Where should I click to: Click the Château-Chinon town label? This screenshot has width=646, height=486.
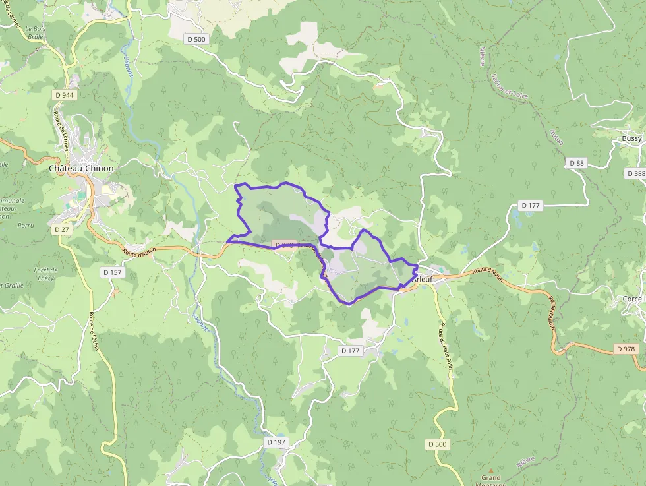pos(81,168)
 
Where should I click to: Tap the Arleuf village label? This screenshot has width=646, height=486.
pos(423,279)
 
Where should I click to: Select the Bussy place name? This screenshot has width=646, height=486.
pos(631,139)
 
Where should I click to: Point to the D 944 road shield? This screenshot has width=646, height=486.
pos(65,95)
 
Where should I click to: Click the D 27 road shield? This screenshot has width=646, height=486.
pos(61,229)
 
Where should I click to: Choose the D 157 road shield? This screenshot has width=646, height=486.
pos(113,272)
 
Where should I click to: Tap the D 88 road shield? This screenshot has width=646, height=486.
pos(576,163)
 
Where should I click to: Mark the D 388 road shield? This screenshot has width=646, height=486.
pos(635,173)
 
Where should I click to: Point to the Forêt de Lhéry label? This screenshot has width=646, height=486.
pos(45,274)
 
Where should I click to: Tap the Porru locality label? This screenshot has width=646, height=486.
pos(26,225)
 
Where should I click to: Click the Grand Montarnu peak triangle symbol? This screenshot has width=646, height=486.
pos(490,469)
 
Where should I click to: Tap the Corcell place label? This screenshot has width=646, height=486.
pos(633,299)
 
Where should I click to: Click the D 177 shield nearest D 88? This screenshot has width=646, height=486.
pos(531,206)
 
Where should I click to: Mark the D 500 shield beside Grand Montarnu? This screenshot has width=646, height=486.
pos(437,444)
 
